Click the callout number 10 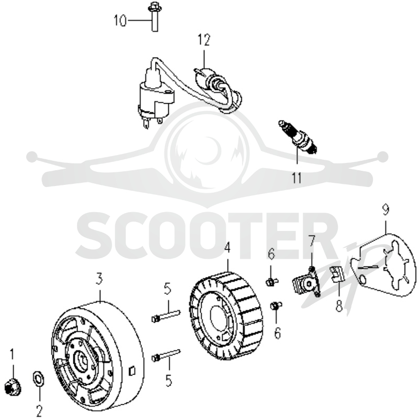click(120, 20)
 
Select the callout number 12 click(204, 40)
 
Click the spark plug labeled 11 click(297, 137)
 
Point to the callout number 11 click(296, 178)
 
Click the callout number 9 click(385, 210)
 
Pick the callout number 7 click(312, 241)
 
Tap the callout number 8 click(339, 305)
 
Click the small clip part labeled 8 click(337, 274)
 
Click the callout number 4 click(227, 248)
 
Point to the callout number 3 click(99, 279)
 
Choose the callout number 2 click(39, 411)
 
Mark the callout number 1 click(12, 355)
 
